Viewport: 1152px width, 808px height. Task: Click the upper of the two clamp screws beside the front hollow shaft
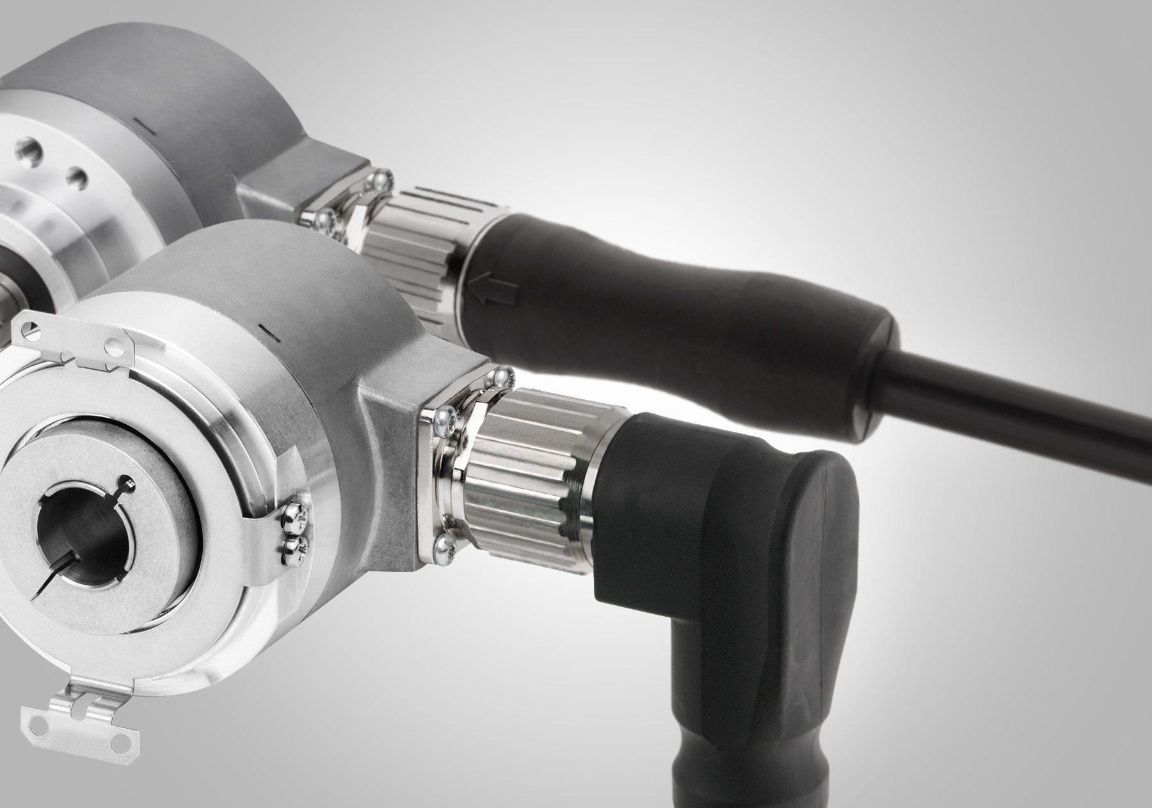[296, 512]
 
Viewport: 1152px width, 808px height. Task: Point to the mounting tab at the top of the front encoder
[70, 338]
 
